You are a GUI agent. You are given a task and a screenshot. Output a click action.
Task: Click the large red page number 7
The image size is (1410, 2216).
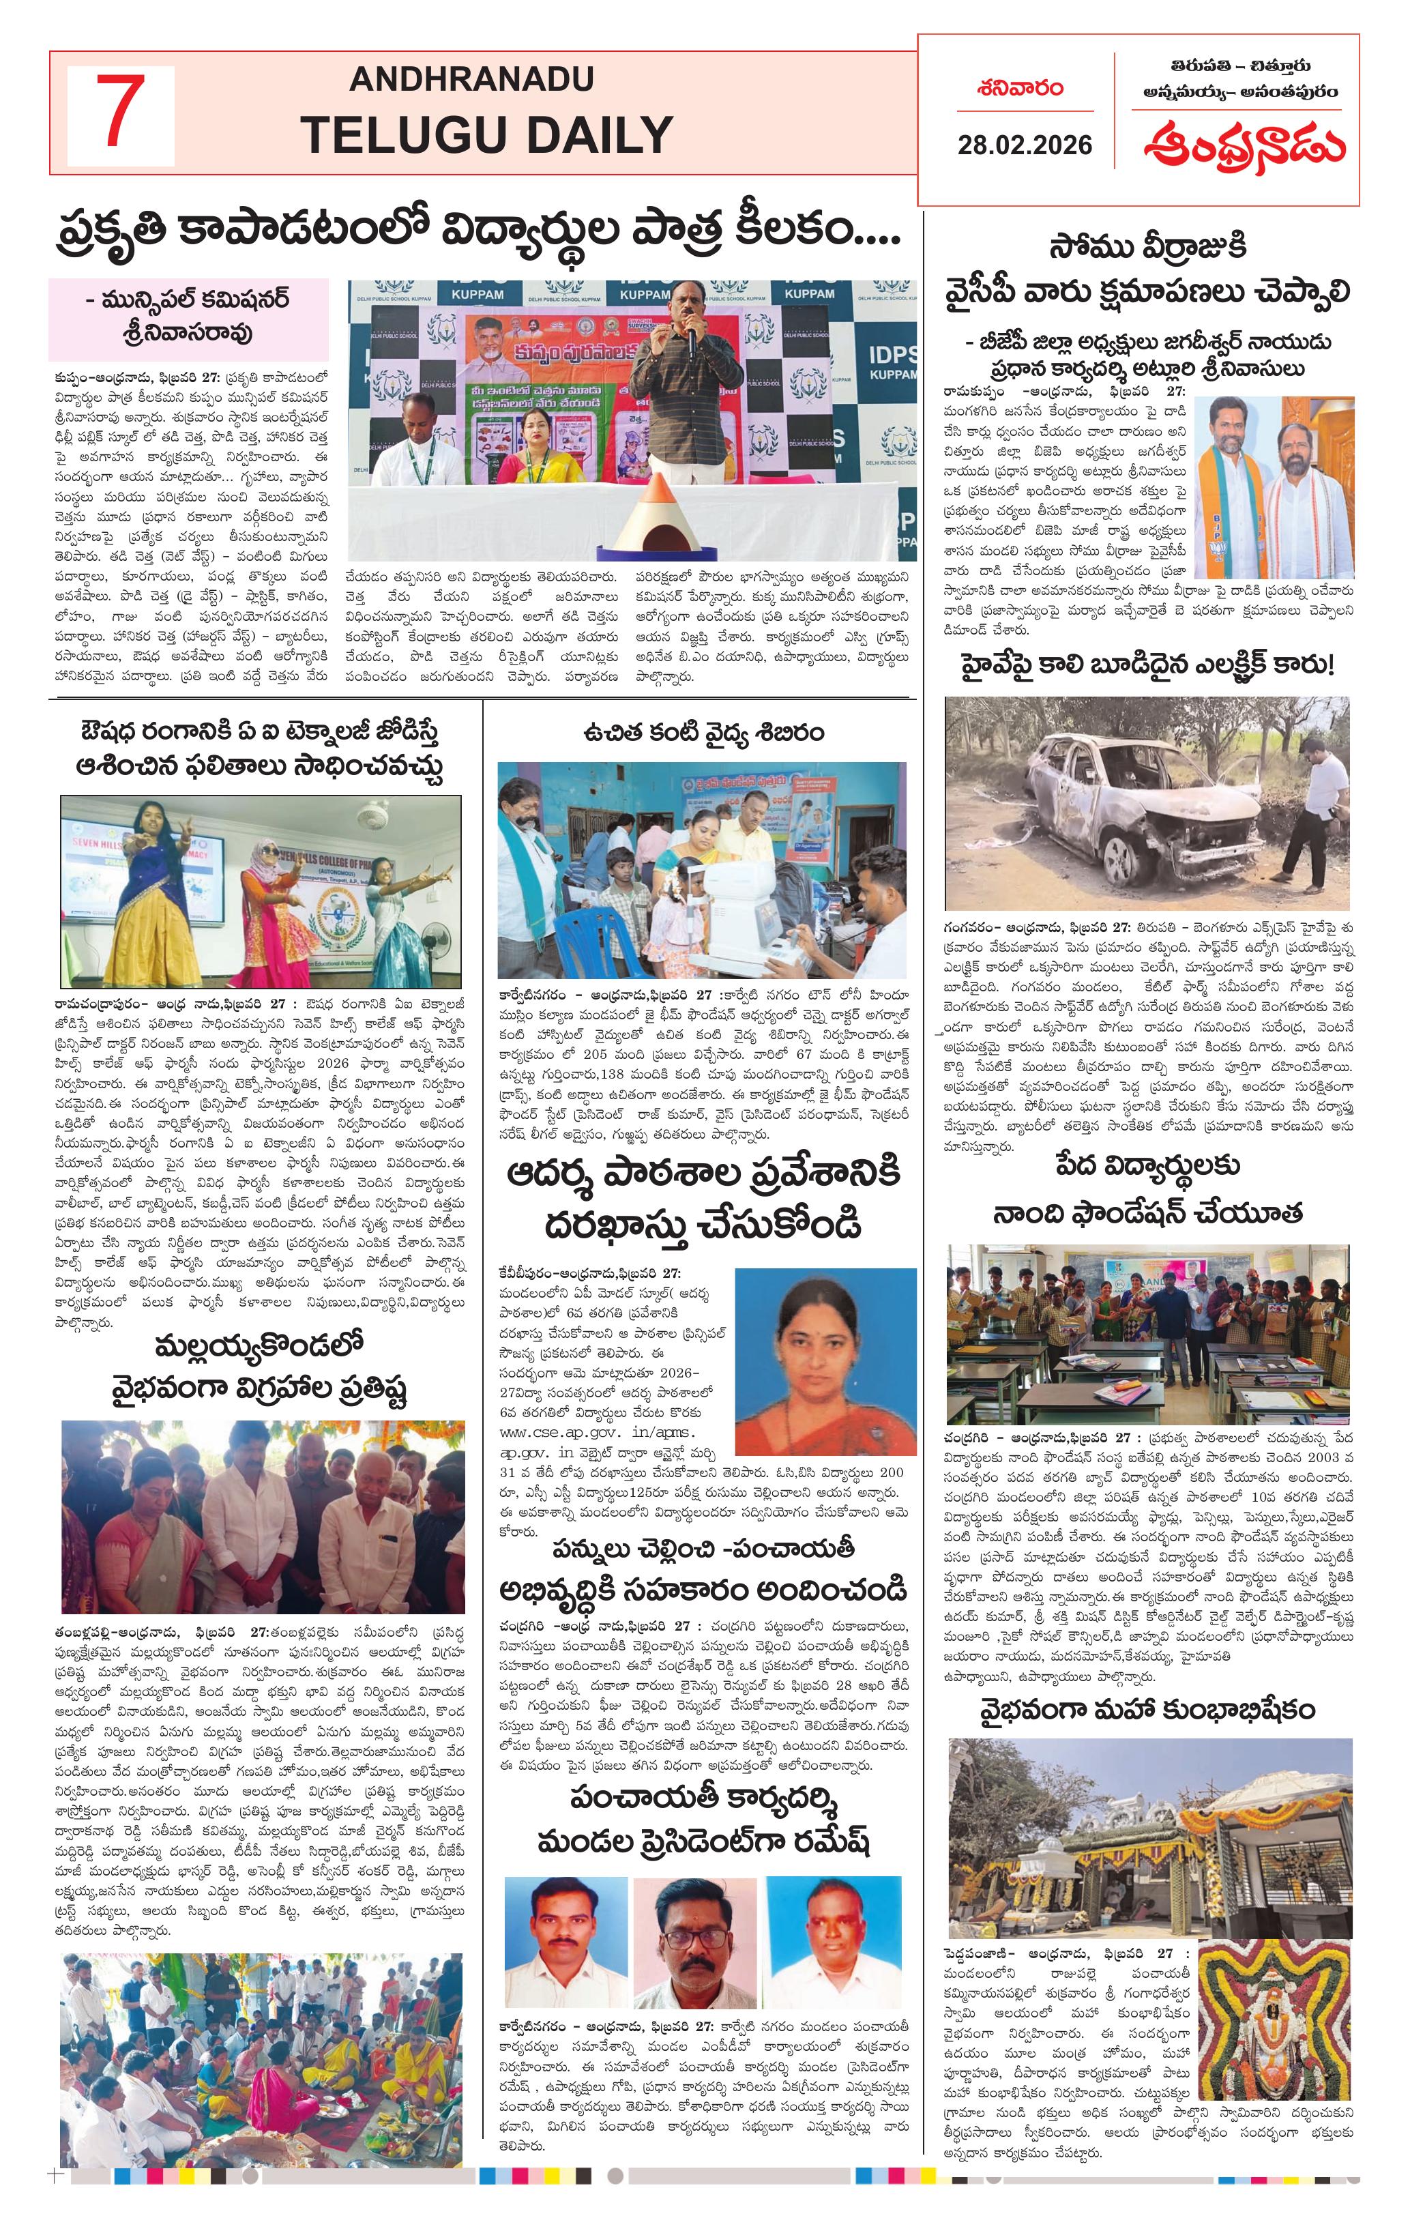(x=119, y=113)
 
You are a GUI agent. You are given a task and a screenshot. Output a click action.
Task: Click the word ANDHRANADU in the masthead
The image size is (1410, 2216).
(x=471, y=79)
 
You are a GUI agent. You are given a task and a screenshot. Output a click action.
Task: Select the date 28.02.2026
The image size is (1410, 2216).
(x=1025, y=145)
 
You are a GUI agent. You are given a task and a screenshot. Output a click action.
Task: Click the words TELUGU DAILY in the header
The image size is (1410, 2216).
(x=487, y=135)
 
